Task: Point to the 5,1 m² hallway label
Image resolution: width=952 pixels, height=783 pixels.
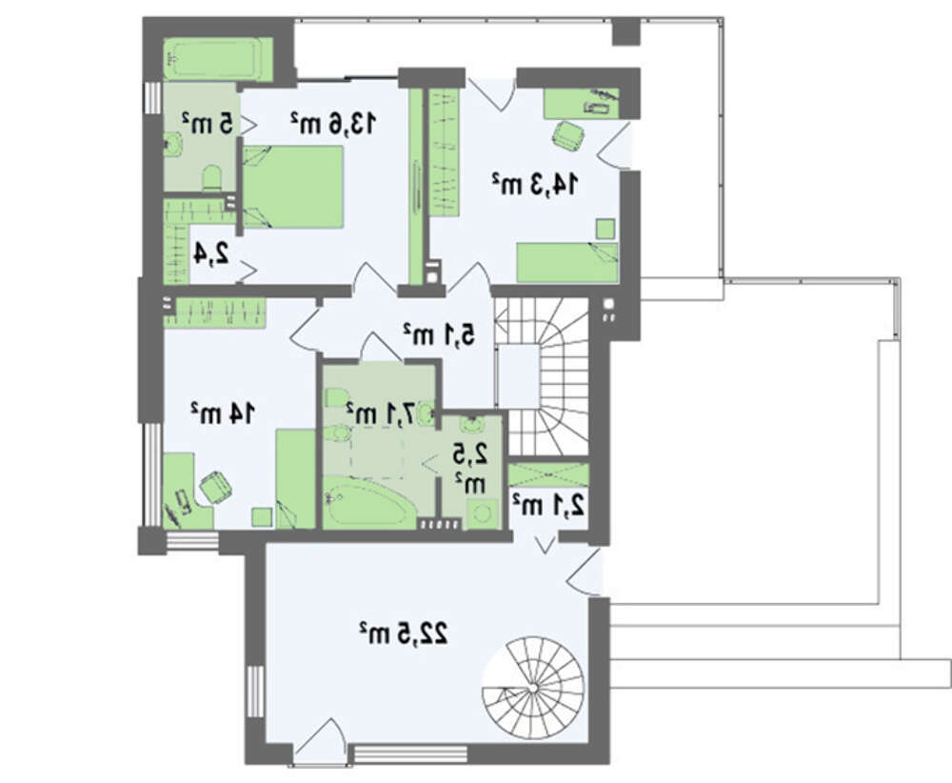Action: (439, 334)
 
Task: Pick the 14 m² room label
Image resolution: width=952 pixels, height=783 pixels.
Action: (223, 413)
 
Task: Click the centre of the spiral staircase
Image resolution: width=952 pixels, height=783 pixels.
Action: (533, 687)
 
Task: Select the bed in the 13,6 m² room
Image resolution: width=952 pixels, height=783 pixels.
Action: (294, 187)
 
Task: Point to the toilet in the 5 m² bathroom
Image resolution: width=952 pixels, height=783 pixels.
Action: (212, 178)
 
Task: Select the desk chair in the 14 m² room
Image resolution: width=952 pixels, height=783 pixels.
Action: (215, 487)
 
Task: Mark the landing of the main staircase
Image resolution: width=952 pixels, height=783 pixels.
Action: (518, 376)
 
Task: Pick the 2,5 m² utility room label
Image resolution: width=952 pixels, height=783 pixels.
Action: (470, 467)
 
